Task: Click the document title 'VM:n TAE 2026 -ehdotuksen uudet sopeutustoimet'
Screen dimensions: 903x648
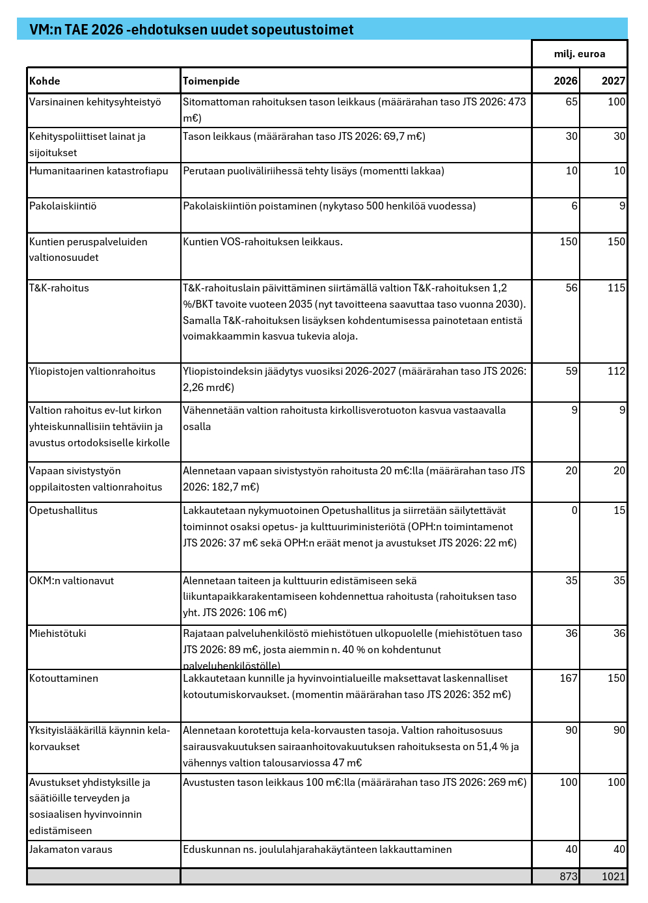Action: point(191,30)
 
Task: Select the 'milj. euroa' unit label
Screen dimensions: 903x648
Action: point(579,54)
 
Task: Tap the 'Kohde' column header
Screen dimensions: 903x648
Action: point(45,81)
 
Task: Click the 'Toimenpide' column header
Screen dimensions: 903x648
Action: point(211,81)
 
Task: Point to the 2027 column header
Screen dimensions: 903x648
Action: point(613,81)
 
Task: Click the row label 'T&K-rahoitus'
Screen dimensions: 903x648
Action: point(59,288)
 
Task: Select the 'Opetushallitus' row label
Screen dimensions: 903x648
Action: point(63,511)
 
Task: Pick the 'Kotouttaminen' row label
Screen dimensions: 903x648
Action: point(64,679)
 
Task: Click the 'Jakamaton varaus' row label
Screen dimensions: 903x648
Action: point(71,850)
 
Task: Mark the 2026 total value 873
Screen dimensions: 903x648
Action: point(568,876)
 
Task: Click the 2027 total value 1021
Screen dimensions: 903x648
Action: point(613,876)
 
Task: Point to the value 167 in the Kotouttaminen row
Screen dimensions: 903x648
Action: point(568,679)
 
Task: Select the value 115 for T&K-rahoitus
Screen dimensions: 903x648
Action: point(616,288)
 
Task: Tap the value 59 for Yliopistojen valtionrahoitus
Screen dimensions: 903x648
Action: point(571,371)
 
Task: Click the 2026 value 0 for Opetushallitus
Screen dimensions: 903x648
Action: point(574,511)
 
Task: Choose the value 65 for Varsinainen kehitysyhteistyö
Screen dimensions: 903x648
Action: point(571,102)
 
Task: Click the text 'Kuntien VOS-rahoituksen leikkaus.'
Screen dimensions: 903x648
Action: point(263,242)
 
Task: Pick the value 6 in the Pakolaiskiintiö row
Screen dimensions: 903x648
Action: point(574,206)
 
